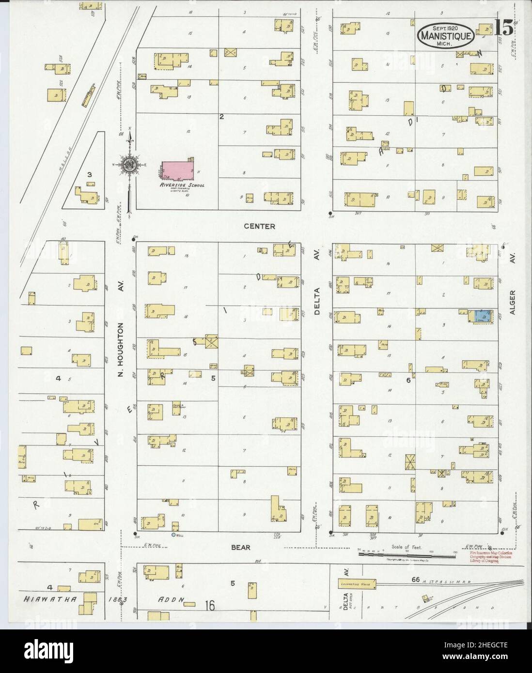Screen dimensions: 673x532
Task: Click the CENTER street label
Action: coord(260,226)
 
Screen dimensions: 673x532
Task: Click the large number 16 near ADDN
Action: coord(209,605)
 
